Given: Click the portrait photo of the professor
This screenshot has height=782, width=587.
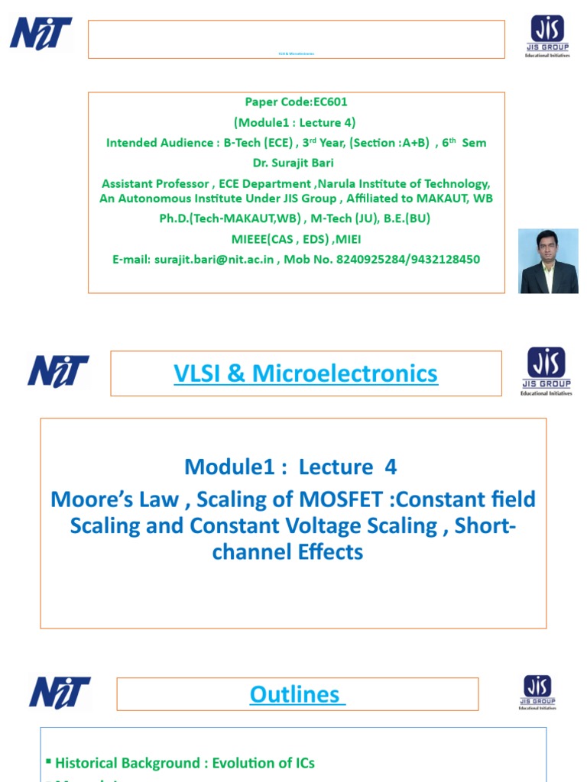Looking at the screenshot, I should point(548,261).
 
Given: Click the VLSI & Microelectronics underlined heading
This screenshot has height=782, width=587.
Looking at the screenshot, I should point(306,373).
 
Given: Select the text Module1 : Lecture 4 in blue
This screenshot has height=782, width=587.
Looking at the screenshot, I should point(291,467).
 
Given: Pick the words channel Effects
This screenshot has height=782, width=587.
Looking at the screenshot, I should point(288,552).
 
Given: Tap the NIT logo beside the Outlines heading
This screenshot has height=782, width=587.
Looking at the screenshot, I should point(60,692).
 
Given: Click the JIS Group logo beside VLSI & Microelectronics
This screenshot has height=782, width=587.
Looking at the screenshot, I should point(545,371).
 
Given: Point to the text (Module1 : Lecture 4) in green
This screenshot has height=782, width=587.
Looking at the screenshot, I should point(295,122).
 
